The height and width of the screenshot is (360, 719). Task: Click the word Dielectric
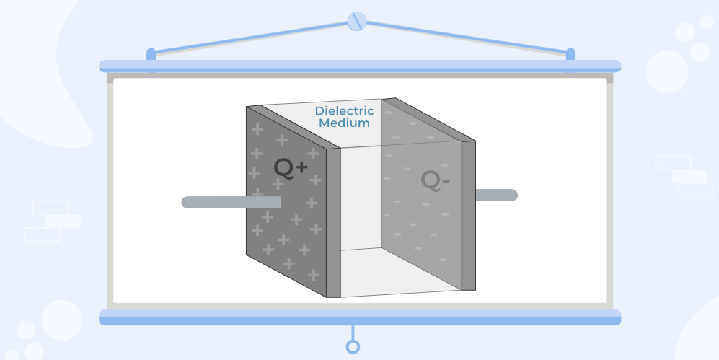click(x=344, y=111)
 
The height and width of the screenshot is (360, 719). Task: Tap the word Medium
click(x=344, y=123)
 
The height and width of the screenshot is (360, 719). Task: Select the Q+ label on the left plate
click(x=291, y=167)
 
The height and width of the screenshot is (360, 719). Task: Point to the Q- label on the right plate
click(x=436, y=181)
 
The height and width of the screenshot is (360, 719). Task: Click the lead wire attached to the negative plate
click(x=496, y=195)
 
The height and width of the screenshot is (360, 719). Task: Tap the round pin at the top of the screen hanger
click(x=356, y=22)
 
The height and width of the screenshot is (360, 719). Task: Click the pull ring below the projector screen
click(x=353, y=347)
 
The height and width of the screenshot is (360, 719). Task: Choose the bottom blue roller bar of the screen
click(x=359, y=317)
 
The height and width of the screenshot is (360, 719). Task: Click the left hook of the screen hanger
click(x=151, y=54)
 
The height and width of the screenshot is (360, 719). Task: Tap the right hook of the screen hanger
click(x=570, y=54)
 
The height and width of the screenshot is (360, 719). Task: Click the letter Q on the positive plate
click(x=284, y=168)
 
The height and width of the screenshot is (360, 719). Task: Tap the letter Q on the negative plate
click(x=431, y=181)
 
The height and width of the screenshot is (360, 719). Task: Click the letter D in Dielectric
click(x=319, y=111)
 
